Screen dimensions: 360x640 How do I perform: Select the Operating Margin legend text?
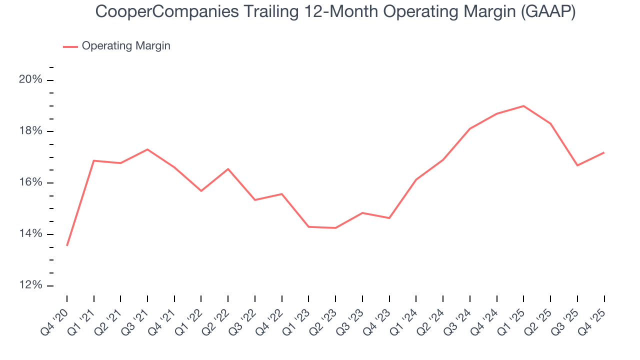tap(126, 46)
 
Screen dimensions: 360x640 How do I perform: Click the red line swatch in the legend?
tap(70, 46)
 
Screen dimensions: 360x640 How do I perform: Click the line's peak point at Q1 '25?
tap(523, 106)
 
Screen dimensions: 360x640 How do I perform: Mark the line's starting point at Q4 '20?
tap(67, 245)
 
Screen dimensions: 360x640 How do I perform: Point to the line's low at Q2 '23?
tap(335, 228)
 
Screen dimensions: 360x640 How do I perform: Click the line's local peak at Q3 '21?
tap(147, 149)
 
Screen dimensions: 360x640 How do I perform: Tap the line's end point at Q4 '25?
tap(604, 152)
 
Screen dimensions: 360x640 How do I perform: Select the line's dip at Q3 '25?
tap(577, 165)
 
